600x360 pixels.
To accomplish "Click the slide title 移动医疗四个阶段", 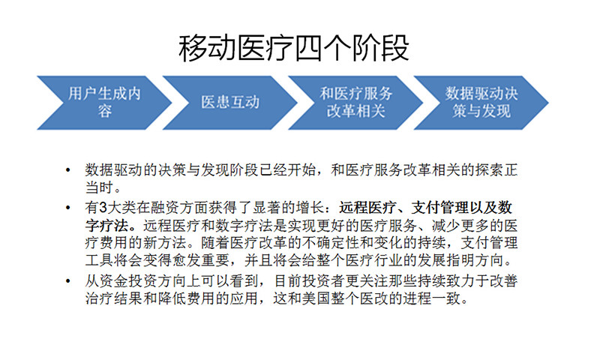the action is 294,48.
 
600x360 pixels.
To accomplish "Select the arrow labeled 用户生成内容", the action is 104,103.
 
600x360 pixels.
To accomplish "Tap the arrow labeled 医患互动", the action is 230,103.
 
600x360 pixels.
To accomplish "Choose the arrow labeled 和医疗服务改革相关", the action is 355,103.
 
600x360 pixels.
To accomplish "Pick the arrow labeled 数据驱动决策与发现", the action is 481,103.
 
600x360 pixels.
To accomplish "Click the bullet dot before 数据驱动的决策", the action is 67,169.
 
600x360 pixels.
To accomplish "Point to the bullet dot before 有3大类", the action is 67,208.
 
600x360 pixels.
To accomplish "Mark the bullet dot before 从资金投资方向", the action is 67,280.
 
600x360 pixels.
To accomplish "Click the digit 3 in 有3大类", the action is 103,208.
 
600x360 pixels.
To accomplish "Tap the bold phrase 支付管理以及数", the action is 462,208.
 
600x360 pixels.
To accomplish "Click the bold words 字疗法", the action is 106,225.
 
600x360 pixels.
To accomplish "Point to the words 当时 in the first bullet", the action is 99,187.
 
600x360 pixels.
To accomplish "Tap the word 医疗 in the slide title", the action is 265,48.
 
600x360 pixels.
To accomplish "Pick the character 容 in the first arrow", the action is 104,111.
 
